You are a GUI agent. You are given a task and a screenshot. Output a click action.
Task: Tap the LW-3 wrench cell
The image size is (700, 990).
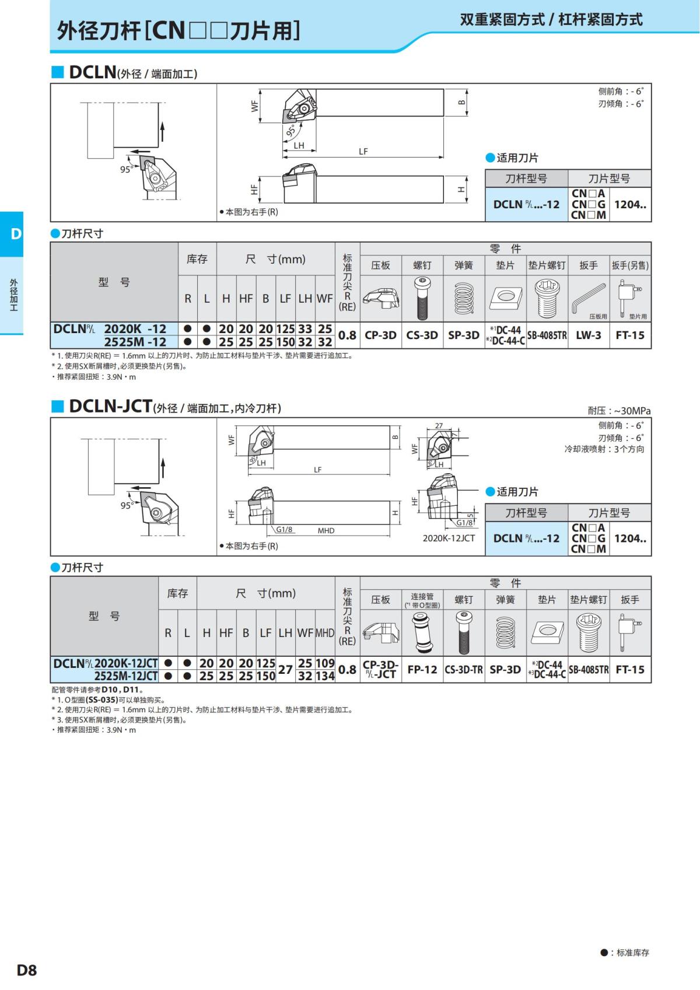(588, 335)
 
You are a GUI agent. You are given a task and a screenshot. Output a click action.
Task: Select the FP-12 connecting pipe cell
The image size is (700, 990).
(422, 670)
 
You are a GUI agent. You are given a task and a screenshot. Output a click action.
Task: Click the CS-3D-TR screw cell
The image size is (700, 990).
(464, 670)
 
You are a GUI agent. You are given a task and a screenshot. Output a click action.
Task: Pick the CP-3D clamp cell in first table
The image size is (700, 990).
(380, 335)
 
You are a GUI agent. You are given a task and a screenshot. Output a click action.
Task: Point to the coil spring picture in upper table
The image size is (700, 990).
(464, 298)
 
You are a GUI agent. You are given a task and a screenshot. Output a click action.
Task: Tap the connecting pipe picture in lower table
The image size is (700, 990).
(422, 632)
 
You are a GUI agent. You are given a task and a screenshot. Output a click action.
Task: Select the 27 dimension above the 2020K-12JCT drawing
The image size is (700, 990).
(439, 426)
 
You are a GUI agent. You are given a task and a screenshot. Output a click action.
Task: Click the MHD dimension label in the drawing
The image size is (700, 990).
(326, 530)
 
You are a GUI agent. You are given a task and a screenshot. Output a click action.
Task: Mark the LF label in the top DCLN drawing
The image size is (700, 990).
(363, 151)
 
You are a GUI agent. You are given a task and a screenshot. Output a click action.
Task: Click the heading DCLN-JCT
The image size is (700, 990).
(110, 406)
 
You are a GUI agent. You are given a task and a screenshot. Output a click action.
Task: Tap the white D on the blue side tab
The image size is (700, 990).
(16, 234)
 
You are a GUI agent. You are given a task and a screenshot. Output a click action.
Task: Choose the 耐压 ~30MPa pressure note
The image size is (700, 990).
(619, 411)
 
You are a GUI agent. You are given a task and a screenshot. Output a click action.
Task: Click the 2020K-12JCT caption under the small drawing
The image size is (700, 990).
(449, 538)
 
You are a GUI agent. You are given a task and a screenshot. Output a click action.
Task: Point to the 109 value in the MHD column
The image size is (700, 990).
(325, 663)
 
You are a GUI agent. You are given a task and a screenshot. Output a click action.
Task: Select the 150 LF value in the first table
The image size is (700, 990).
(285, 342)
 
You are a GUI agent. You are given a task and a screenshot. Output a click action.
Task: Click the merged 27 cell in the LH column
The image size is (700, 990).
(285, 670)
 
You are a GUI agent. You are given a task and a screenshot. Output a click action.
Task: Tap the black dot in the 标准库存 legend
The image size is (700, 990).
(604, 953)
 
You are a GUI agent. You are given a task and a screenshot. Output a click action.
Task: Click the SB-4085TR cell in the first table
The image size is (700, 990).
(547, 335)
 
